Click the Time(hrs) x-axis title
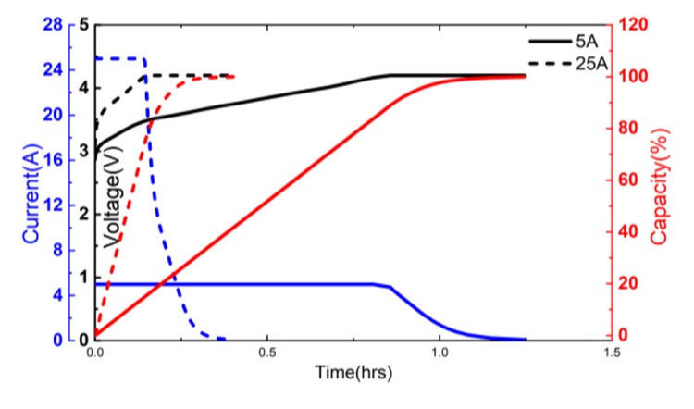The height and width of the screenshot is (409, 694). click(352, 374)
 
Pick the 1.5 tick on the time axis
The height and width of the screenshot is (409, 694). click(611, 353)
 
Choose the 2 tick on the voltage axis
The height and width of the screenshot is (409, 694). click(83, 214)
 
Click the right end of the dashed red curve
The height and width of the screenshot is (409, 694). click(233, 77)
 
